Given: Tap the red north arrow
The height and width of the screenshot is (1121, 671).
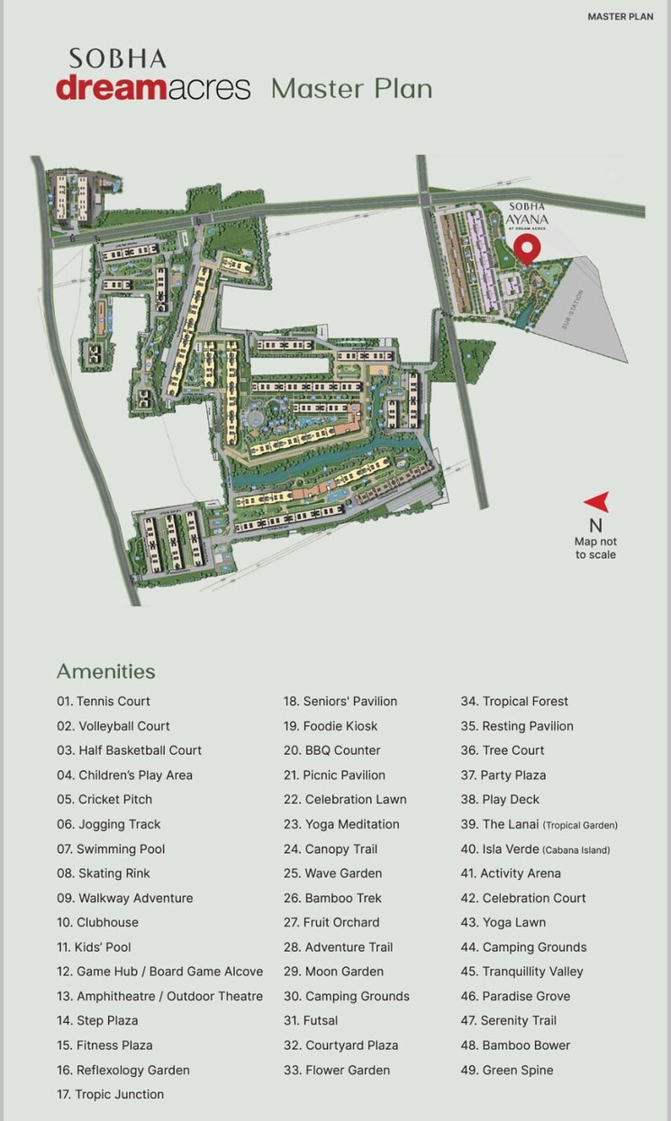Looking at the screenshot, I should pyautogui.click(x=596, y=502).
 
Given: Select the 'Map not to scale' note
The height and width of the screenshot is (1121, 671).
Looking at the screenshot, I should pyautogui.click(x=595, y=548).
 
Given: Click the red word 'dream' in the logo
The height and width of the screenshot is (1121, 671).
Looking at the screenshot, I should pyautogui.click(x=116, y=88).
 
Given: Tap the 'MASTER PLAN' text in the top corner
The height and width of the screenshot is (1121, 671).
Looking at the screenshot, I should pyautogui.click(x=620, y=16).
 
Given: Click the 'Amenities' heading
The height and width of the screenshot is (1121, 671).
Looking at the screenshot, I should pyautogui.click(x=105, y=671).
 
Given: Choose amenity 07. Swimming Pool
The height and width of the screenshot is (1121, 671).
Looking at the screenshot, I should pyautogui.click(x=111, y=848).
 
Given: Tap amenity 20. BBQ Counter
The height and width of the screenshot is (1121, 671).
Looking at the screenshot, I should pyautogui.click(x=331, y=750).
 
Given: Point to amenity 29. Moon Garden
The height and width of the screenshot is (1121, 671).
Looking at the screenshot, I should pyautogui.click(x=333, y=972).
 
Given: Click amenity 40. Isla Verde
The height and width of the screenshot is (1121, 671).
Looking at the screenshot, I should pyautogui.click(x=535, y=848).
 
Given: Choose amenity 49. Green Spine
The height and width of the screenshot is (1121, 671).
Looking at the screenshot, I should pyautogui.click(x=507, y=1070).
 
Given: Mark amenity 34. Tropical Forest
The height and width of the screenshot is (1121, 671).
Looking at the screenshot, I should pyautogui.click(x=514, y=701).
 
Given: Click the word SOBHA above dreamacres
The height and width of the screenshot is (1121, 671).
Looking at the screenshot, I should pyautogui.click(x=118, y=59).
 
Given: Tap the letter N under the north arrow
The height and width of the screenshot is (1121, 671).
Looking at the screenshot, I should pyautogui.click(x=595, y=525).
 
